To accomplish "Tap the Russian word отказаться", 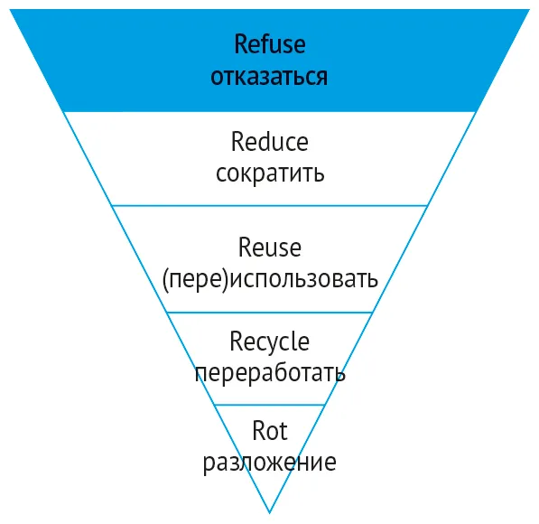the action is tap(269, 77).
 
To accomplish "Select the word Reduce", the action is tap(269, 142).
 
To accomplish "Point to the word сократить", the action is tap(270, 173).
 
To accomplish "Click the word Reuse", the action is tap(270, 247).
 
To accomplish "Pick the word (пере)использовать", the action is tap(270, 278).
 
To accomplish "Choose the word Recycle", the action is tap(270, 342).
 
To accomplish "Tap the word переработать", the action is tap(270, 373).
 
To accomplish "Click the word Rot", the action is tap(270, 431).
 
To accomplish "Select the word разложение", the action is tap(270, 462).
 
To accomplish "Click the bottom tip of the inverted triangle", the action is tap(269, 513).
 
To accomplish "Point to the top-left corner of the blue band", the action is tap(10, 9).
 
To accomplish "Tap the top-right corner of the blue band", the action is tap(530, 9).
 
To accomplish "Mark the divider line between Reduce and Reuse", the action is tap(269, 206).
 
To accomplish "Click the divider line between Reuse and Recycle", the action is tap(270, 313).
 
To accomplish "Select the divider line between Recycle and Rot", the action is tap(269, 405).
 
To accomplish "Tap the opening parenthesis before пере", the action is tap(165, 280).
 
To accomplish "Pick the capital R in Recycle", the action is tap(236, 342).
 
